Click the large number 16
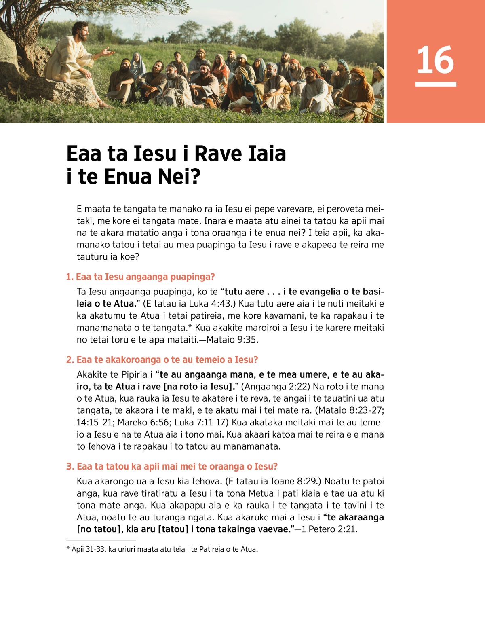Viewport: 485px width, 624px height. (435, 60)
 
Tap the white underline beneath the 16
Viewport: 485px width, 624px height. (436, 84)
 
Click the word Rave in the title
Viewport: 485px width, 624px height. (218, 154)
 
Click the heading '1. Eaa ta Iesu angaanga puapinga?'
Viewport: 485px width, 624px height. (140, 277)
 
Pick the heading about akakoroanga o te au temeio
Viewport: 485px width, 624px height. (162, 360)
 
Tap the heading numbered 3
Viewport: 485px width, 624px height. (172, 467)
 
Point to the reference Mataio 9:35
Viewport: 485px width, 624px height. (232, 340)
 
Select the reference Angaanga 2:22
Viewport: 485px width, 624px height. (275, 387)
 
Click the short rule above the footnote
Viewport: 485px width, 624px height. (101, 540)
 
